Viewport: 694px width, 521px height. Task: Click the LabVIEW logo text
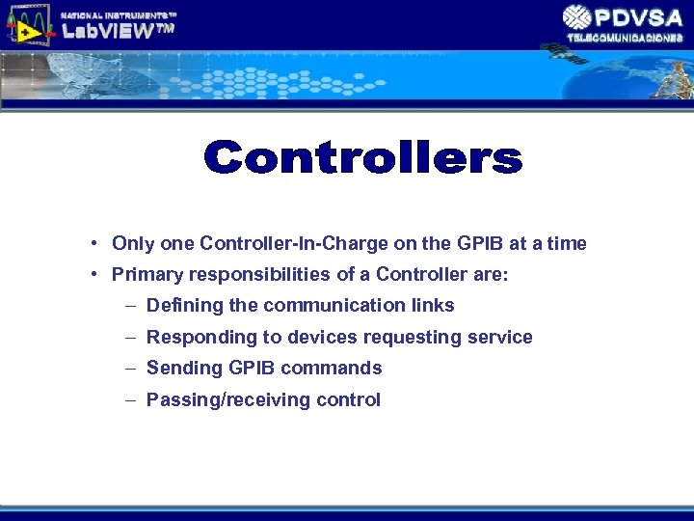pos(118,31)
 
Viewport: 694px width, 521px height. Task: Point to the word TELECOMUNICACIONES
pos(625,38)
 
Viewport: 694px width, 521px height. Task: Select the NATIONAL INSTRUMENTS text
pos(119,14)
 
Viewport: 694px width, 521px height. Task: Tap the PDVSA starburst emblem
pos(577,17)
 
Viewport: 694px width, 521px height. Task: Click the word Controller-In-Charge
pos(276,244)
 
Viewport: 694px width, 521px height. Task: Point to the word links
pos(433,306)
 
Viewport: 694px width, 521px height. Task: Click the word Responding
pos(194,337)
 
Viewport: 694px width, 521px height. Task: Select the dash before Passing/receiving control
pos(130,399)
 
